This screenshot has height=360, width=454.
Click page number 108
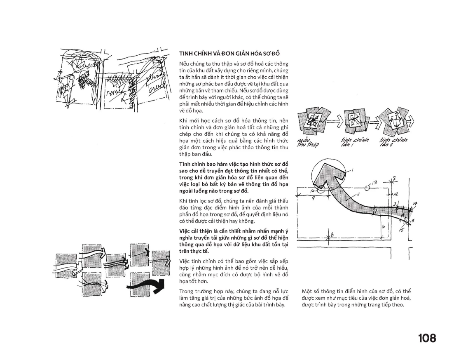point(426,338)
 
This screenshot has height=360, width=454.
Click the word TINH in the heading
point(185,54)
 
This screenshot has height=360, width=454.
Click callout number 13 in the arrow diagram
point(374,181)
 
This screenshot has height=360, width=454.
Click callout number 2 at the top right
point(394,178)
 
